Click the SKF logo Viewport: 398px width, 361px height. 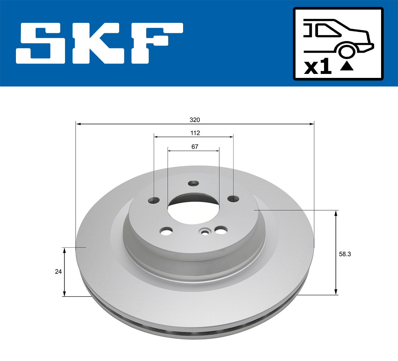(x=99, y=43)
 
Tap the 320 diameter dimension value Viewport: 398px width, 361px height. (x=195, y=120)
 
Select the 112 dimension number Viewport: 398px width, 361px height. (x=195, y=133)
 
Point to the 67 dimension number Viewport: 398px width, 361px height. (x=195, y=147)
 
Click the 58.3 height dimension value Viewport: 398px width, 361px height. (x=345, y=254)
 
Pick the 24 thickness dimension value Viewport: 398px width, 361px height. (x=58, y=271)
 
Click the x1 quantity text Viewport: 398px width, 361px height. (x=318, y=67)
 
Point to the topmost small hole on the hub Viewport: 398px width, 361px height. (x=193, y=183)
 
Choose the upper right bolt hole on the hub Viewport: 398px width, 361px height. (x=233, y=199)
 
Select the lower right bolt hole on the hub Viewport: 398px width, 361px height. (x=220, y=230)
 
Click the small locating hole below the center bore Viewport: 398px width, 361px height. (x=205, y=232)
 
